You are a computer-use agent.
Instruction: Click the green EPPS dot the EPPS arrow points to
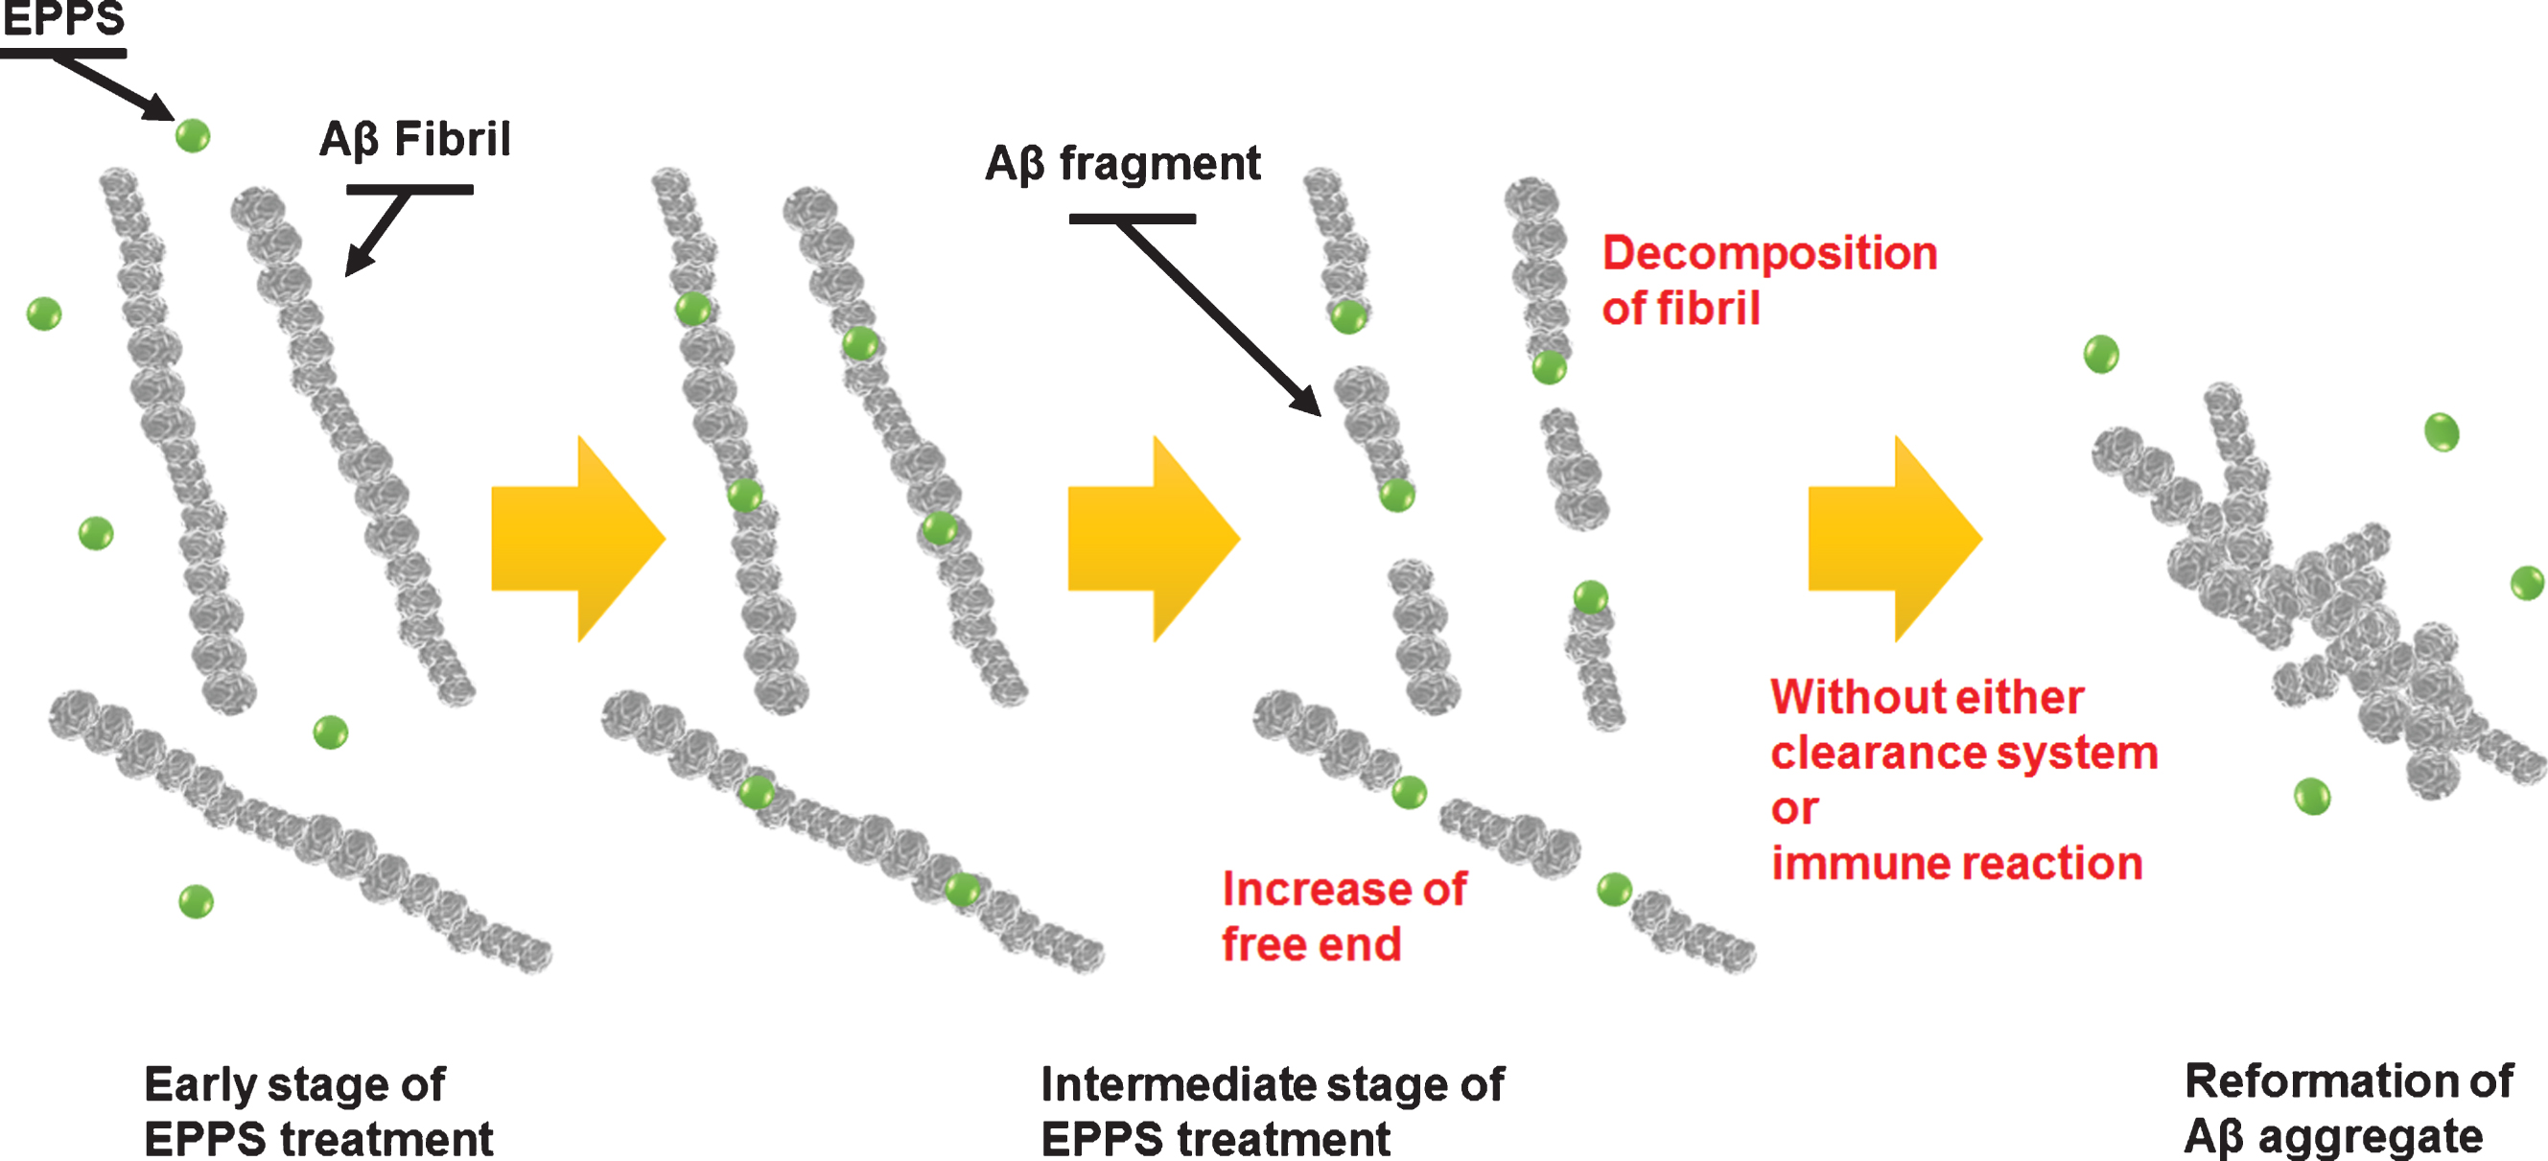193,135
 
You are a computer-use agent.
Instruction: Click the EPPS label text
64,18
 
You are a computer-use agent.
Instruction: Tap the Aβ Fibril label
414,139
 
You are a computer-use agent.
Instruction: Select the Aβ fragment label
1123,163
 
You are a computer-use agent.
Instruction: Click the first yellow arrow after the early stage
578,539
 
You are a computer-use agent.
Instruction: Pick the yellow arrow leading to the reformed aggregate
1895,539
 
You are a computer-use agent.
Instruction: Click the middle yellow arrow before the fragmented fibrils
1155,539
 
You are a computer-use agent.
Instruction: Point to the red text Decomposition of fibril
1769,280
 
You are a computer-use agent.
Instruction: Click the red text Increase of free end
1344,916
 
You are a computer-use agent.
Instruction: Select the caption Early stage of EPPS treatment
317,1110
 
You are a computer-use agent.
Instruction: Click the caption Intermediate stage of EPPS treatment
1272,1110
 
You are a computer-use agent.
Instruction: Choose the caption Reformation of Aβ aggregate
2349,1108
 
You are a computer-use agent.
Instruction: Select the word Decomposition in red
1769,254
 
